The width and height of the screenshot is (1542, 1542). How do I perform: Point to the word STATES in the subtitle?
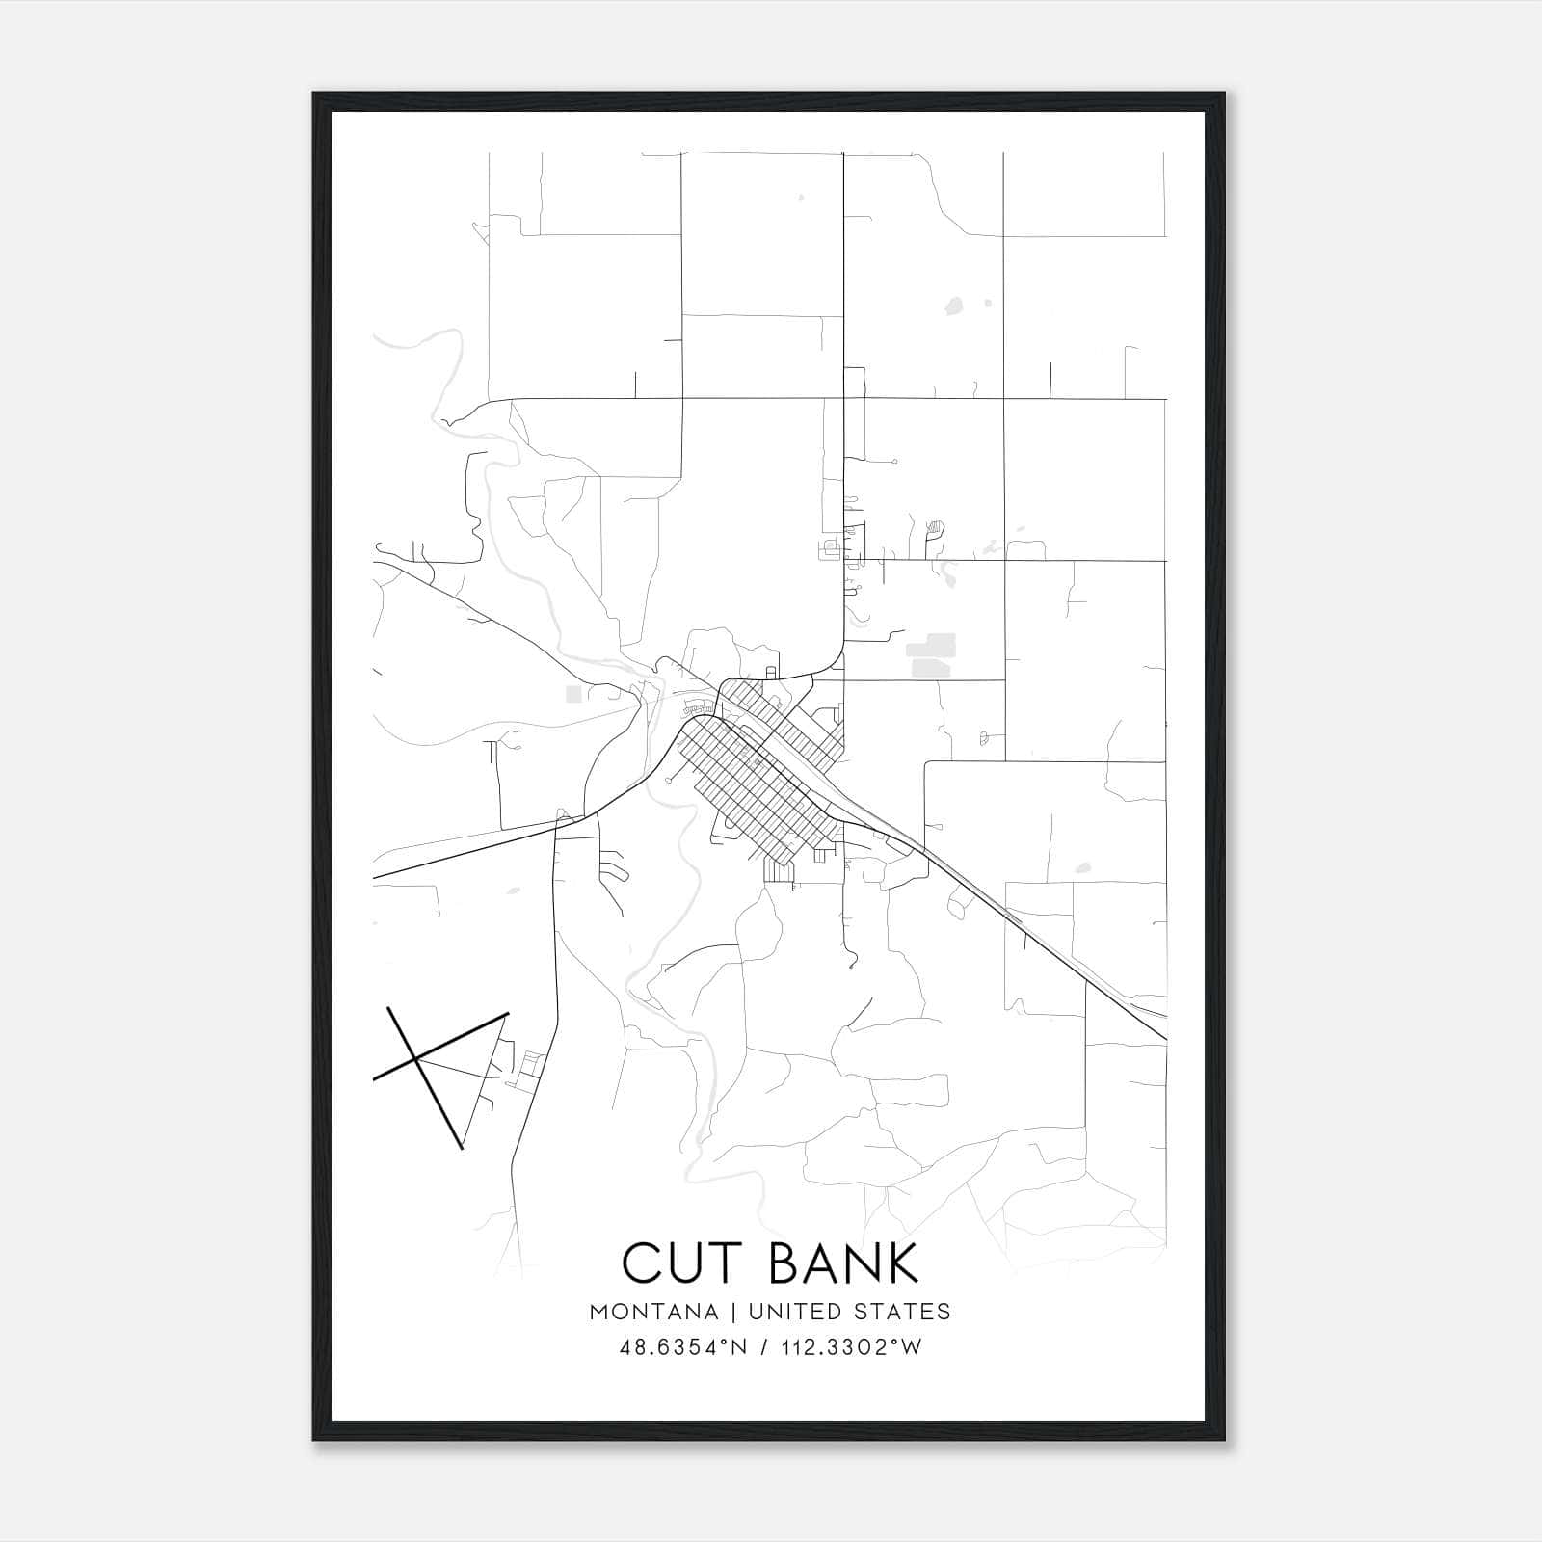(x=901, y=1312)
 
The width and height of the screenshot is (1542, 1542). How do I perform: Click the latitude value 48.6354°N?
(x=683, y=1347)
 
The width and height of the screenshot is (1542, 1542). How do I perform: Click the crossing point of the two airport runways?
(x=417, y=1058)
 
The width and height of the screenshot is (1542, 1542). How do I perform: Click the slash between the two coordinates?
(x=765, y=1347)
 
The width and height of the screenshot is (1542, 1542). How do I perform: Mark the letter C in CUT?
(x=641, y=1263)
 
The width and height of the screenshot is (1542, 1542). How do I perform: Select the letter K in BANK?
(x=903, y=1263)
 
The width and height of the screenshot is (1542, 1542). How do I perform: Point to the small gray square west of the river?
(x=574, y=694)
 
